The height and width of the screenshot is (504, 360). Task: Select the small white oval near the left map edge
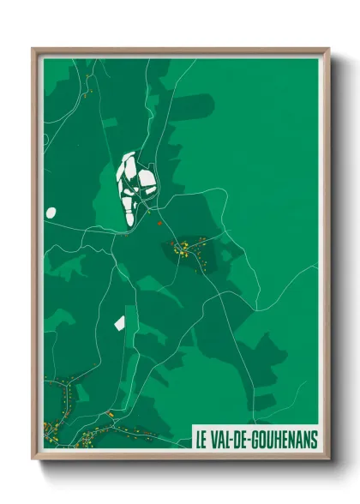[x=51, y=212]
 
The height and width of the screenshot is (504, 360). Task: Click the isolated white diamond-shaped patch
[x=120, y=323]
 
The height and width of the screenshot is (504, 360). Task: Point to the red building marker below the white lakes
[x=159, y=223]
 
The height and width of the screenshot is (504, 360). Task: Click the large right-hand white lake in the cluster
[x=147, y=182]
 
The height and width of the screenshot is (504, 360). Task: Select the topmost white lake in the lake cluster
[x=129, y=159]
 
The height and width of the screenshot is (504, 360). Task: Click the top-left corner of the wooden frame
[x=33, y=49]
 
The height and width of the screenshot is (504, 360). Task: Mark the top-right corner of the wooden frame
[x=328, y=49]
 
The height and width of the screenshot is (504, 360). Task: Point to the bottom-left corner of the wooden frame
[x=33, y=459]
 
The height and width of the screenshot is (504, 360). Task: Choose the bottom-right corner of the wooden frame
[x=328, y=459]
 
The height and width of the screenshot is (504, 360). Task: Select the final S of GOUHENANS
[x=313, y=439]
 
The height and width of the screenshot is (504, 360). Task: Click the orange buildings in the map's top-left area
[x=88, y=81]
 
